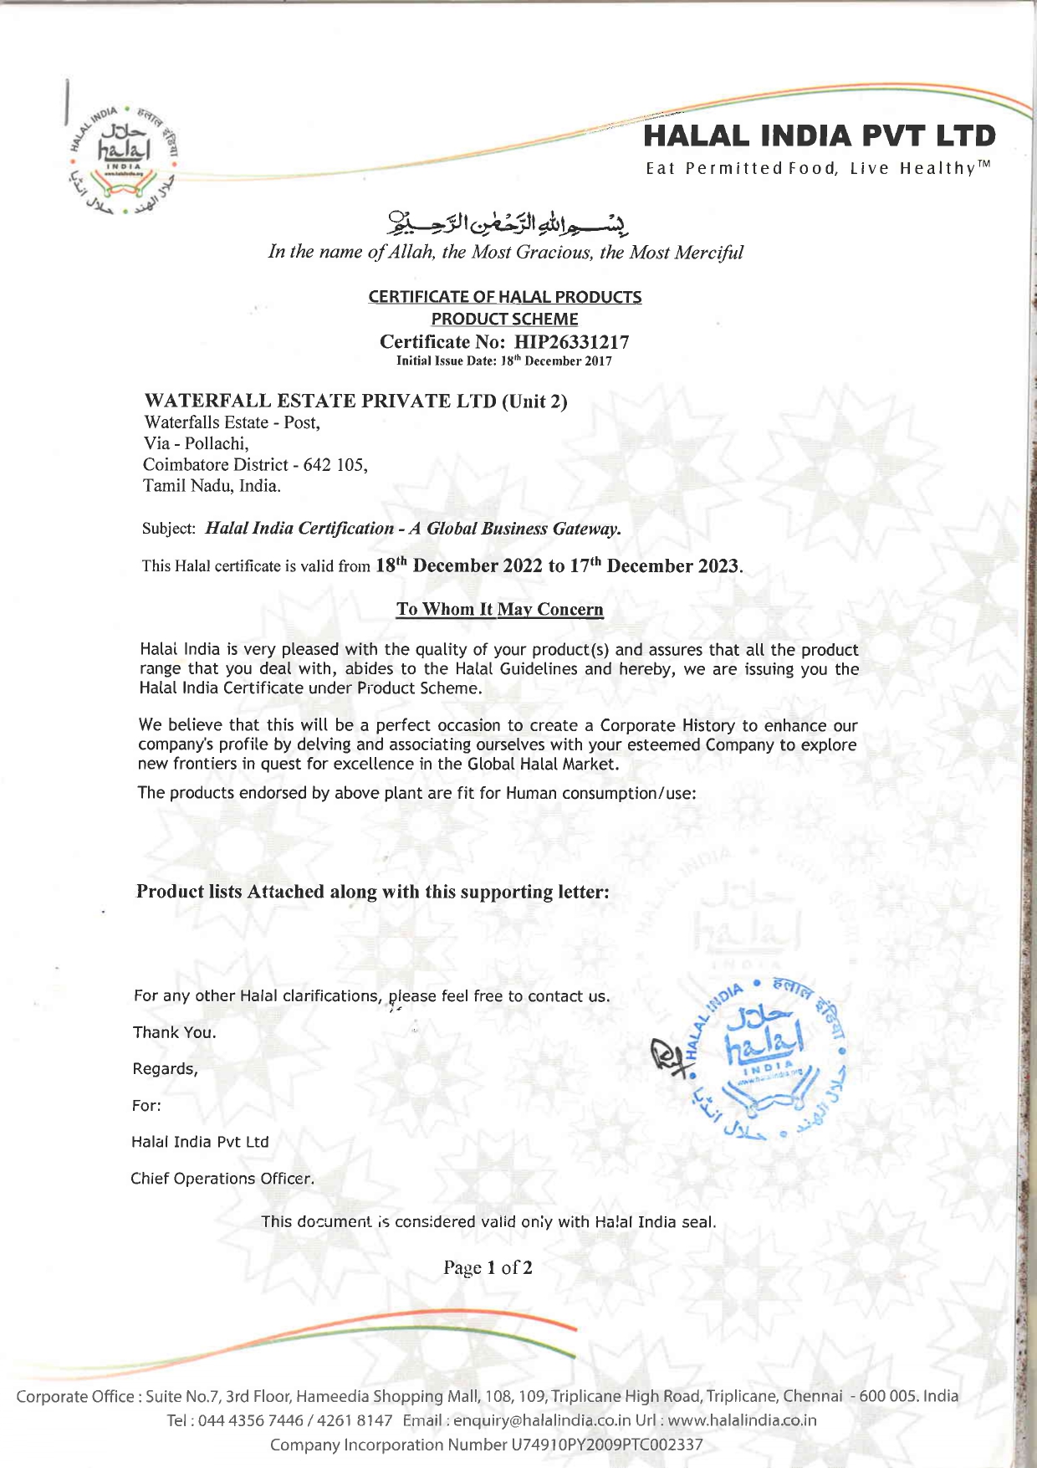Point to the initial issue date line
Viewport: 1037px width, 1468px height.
tap(503, 361)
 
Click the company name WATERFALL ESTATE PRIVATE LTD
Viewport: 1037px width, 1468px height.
tap(320, 401)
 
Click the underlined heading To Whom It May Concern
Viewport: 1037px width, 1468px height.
tap(499, 609)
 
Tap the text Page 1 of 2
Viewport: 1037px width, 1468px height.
tap(488, 1268)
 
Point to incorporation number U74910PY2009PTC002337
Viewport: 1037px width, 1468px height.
tap(605, 1445)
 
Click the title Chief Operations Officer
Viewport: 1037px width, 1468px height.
tap(222, 1179)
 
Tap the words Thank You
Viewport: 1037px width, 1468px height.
tap(174, 1032)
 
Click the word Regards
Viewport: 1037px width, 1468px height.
tap(165, 1069)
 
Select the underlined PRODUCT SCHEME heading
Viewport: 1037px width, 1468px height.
tap(504, 319)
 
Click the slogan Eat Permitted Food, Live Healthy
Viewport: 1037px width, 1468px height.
tap(818, 169)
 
